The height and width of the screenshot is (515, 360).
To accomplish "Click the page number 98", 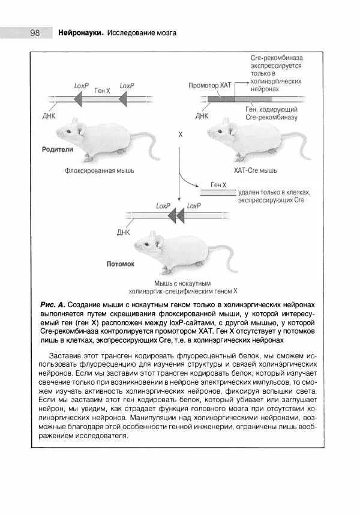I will point(34,33).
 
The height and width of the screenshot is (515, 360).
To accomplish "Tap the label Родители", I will point(58,149).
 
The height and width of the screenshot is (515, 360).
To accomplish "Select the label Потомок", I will point(121,264).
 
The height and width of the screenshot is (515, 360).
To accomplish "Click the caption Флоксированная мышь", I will point(100,170).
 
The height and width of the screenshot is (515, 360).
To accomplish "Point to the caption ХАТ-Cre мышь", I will point(255,170).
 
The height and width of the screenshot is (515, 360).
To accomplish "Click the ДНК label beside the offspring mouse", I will point(124,232).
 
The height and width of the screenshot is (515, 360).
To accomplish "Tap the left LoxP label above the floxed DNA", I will point(82,86).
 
